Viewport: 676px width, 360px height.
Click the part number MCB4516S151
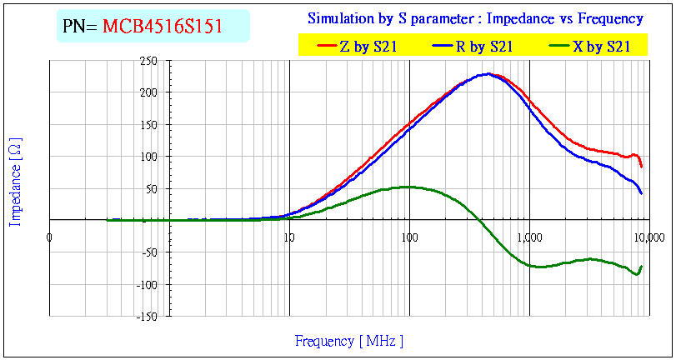click(163, 26)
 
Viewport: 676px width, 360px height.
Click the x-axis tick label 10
click(289, 237)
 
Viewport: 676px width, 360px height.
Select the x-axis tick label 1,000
click(529, 237)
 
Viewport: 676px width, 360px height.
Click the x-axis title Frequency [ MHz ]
click(349, 341)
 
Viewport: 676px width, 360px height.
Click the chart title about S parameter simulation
click(475, 18)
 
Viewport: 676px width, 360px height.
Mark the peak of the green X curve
click(407, 187)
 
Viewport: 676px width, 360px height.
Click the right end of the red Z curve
click(642, 167)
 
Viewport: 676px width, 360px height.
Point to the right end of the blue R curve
click(642, 194)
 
